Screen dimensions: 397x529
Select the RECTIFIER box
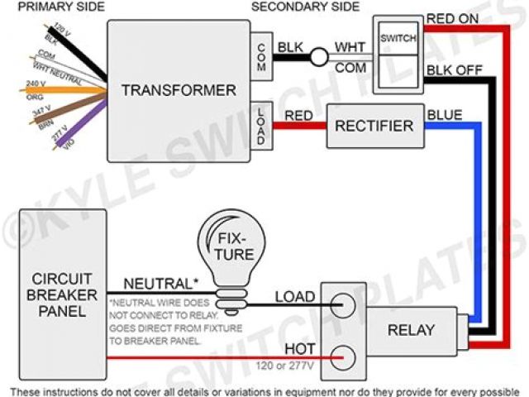coord(373,126)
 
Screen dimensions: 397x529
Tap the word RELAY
coord(411,329)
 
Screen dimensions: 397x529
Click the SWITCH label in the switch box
coord(398,38)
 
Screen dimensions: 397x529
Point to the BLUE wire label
coord(445,114)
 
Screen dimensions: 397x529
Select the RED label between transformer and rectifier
coord(298,117)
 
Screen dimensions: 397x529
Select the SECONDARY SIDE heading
coord(306,7)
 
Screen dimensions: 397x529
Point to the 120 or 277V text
coord(289,364)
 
